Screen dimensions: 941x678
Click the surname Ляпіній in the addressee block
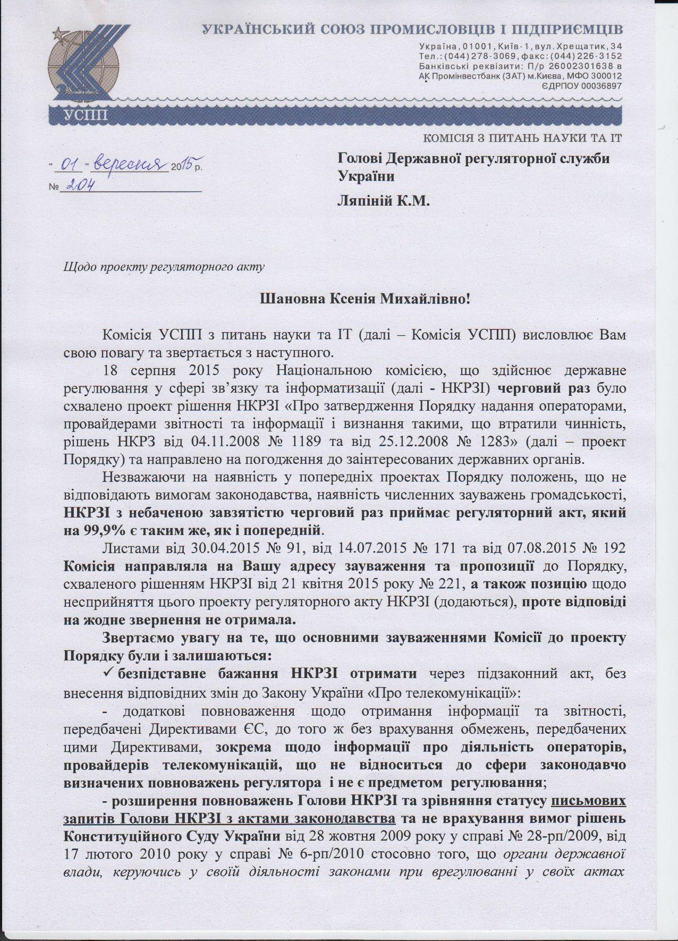pos(364,200)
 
